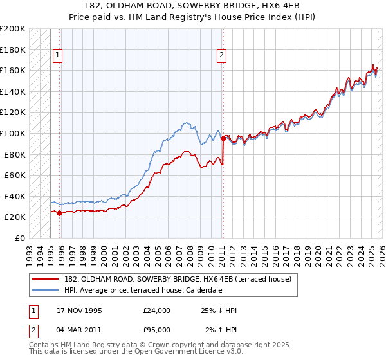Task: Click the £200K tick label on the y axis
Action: tap(13, 29)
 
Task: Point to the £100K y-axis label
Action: tap(13, 133)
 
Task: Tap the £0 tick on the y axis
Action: tap(21, 238)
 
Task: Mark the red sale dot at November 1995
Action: tap(60, 213)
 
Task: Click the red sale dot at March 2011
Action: tap(223, 138)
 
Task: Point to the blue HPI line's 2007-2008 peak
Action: tap(186, 122)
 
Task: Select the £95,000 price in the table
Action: tap(157, 329)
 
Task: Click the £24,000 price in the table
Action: tap(157, 310)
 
